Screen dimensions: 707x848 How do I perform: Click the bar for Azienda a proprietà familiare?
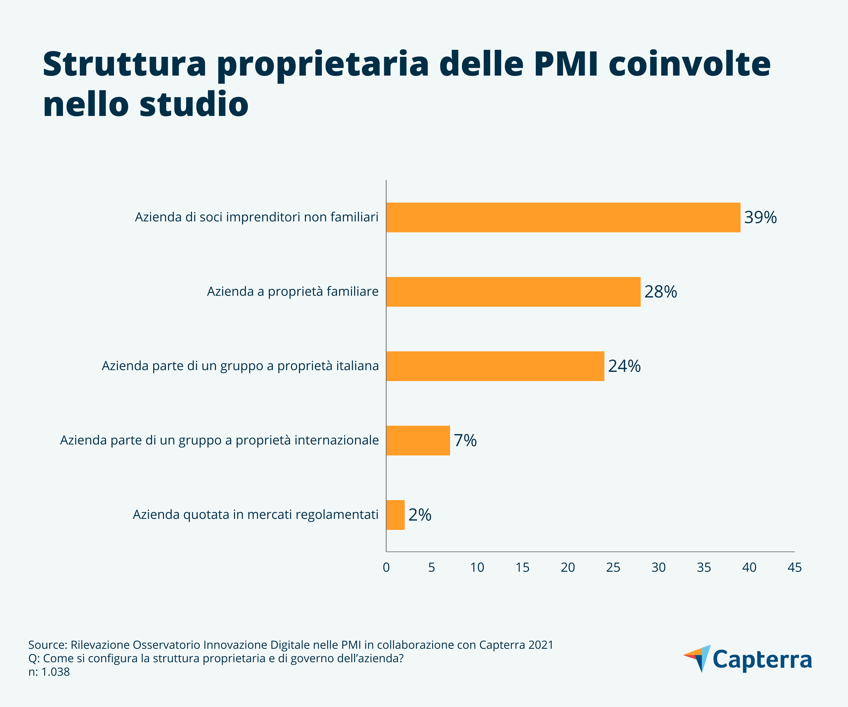(513, 292)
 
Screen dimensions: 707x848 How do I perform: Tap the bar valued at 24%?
(495, 366)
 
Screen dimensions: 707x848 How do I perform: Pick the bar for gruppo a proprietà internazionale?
(418, 440)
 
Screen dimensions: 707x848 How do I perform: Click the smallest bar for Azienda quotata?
(395, 515)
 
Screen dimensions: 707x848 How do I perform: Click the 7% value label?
(465, 440)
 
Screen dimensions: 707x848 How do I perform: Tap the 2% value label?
(420, 515)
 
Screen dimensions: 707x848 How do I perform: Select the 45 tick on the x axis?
(794, 568)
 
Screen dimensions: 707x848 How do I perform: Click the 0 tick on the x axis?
(386, 568)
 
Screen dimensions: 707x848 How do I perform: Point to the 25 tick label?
(613, 568)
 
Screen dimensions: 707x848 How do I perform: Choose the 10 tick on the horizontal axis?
(477, 568)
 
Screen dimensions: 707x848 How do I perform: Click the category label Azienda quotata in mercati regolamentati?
(256, 515)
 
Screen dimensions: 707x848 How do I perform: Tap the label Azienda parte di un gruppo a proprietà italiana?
(240, 366)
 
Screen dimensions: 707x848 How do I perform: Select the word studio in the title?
(194, 104)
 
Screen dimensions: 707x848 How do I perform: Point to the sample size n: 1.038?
(49, 672)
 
